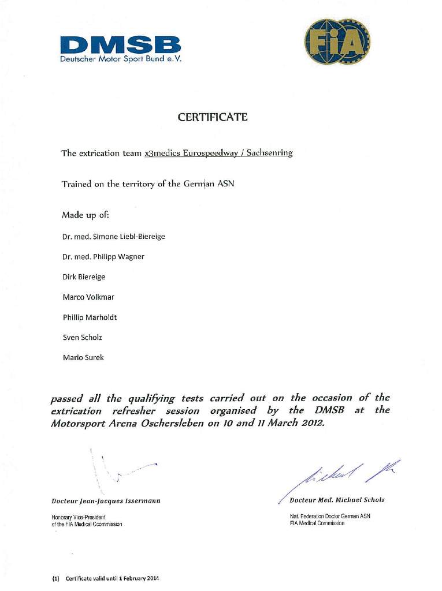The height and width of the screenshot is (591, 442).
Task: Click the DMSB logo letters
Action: [x=120, y=44]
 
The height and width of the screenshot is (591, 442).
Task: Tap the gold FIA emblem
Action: [x=337, y=42]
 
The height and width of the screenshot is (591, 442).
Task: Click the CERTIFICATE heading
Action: [x=213, y=117]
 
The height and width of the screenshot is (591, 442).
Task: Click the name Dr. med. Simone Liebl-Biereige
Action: [x=114, y=237]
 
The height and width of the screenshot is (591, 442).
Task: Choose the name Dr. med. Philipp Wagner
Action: [x=103, y=257]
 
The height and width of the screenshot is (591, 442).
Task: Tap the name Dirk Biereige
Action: [x=84, y=277]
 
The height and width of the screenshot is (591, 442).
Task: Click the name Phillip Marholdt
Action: [x=90, y=317]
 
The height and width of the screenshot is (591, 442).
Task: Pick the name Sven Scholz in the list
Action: [x=82, y=337]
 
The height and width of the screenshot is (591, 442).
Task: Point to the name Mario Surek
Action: [x=83, y=357]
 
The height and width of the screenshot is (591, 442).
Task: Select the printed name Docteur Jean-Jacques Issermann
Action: [x=106, y=500]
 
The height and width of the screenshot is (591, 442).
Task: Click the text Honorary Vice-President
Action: [x=79, y=517]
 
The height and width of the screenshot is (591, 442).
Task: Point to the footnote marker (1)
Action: [x=55, y=578]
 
